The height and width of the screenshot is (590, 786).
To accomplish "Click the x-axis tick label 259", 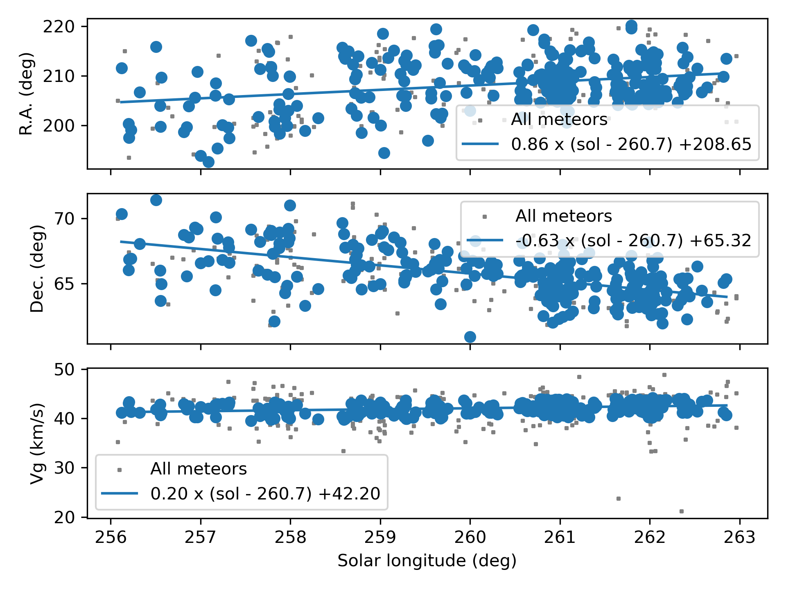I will coord(380,537).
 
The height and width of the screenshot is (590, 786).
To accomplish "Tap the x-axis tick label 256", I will coord(110,537).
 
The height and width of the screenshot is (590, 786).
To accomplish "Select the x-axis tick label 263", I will coord(739,537).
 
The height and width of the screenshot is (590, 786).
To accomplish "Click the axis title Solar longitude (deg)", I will coord(427,561).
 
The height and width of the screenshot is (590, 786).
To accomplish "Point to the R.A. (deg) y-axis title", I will coord(27,93).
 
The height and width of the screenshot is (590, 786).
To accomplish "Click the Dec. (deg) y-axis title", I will coord(37,268).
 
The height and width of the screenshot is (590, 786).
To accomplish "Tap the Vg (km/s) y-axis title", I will coord(37,443).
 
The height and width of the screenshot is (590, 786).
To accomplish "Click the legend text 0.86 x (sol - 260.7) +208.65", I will coord(631,144).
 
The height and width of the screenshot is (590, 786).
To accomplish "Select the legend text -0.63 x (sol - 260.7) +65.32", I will coord(633,241).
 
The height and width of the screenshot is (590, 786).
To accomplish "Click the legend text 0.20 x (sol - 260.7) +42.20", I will coord(265,494).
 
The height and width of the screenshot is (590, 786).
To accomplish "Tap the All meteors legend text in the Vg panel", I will coord(199,469).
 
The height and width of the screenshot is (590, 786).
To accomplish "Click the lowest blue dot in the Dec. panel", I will coord(470,337).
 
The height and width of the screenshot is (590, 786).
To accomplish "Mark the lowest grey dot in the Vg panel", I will coord(682,511).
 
